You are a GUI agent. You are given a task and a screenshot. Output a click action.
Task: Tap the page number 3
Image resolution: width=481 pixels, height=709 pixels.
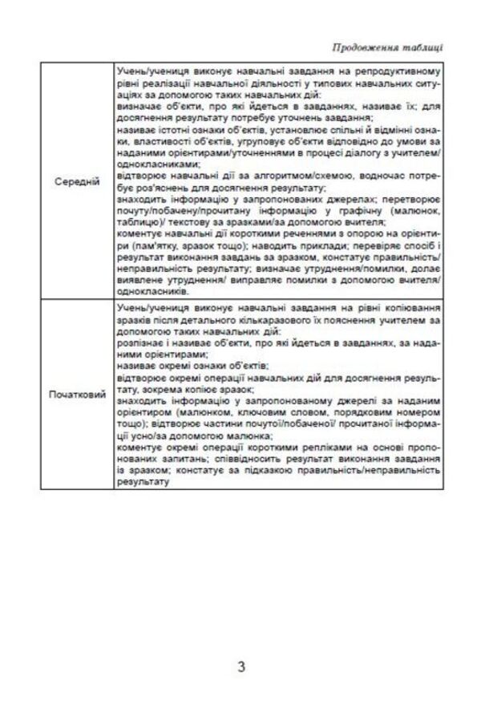point(241,666)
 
